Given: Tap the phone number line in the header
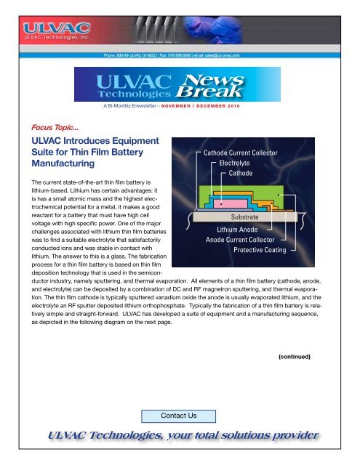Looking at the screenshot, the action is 180,54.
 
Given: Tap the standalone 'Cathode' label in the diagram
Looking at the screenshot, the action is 241,174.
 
